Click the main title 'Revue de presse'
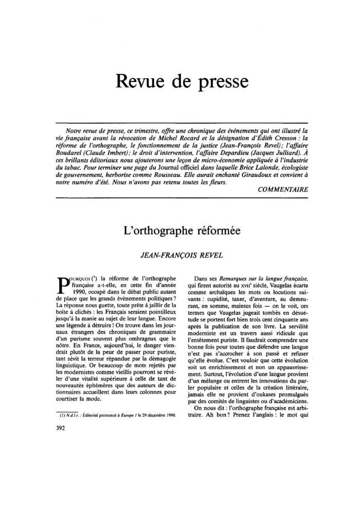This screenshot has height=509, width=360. coord(182,81)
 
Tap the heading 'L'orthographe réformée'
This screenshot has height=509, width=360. coord(182,231)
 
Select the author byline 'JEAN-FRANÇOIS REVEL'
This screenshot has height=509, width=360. coord(182,254)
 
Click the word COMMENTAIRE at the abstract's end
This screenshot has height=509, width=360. coord(283,189)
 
